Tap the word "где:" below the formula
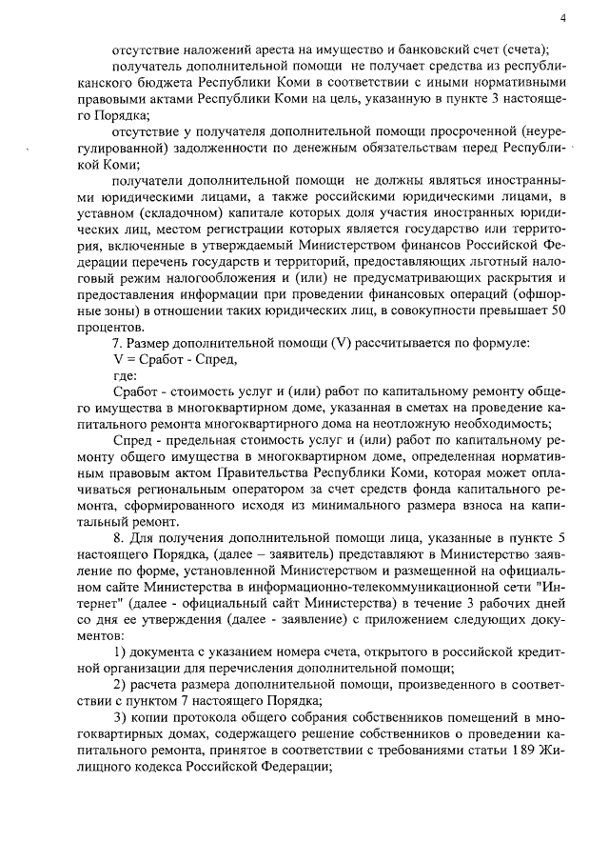[x=125, y=376]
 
